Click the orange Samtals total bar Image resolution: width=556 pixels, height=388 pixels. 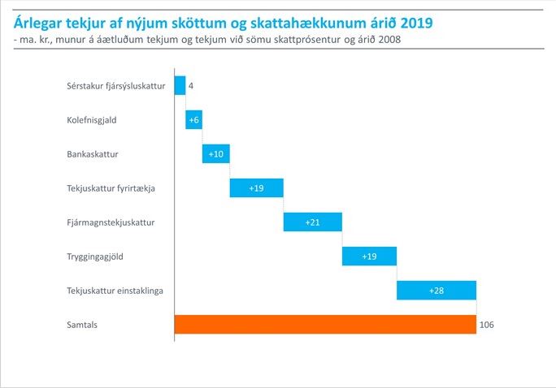click(x=325, y=324)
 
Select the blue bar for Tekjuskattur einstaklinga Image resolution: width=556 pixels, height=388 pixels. click(x=436, y=290)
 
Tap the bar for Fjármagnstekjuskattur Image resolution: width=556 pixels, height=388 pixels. click(x=312, y=222)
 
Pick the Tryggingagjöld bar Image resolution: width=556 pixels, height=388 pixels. click(x=369, y=256)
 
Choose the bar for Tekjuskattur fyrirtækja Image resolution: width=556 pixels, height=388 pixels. click(x=256, y=188)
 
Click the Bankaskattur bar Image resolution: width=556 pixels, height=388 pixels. click(x=215, y=153)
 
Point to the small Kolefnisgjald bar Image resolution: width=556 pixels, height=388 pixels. click(x=193, y=119)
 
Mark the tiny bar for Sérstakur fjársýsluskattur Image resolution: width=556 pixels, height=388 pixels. click(x=180, y=85)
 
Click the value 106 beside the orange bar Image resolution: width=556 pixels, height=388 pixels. click(x=487, y=325)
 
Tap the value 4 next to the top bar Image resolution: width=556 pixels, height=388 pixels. click(x=190, y=85)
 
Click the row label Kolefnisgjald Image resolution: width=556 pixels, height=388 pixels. click(x=92, y=120)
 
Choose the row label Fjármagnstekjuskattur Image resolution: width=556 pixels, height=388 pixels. click(x=111, y=222)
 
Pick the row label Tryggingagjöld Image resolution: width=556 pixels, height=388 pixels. click(x=94, y=257)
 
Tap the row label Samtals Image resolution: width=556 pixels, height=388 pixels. click(x=81, y=325)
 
